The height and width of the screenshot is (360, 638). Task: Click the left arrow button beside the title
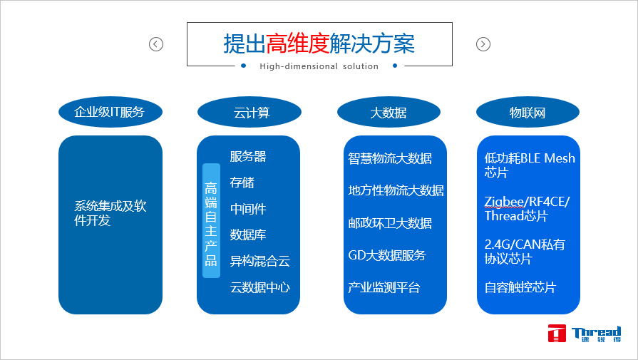click(156, 44)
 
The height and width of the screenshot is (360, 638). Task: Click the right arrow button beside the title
click(483, 44)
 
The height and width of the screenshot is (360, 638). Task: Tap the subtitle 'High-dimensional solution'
click(319, 66)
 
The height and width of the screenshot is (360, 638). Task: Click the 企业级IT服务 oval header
click(110, 112)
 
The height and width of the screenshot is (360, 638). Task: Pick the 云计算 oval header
click(249, 112)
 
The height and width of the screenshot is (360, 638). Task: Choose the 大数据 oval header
click(389, 112)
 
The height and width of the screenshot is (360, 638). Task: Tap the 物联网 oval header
click(528, 112)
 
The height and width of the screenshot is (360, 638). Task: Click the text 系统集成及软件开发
click(110, 213)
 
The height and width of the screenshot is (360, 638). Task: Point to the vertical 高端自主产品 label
click(211, 221)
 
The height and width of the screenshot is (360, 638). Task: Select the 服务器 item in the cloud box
click(248, 156)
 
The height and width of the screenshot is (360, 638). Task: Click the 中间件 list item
click(248, 209)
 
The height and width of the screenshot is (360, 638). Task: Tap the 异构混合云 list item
click(260, 261)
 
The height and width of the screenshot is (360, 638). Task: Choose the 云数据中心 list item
click(260, 287)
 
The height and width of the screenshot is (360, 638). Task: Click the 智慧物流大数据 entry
click(390, 158)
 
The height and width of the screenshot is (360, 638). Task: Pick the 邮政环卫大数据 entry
click(390, 223)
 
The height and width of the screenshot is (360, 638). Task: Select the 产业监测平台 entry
click(384, 287)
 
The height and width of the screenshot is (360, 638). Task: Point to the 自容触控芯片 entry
click(520, 287)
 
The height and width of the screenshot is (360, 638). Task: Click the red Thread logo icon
click(557, 334)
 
